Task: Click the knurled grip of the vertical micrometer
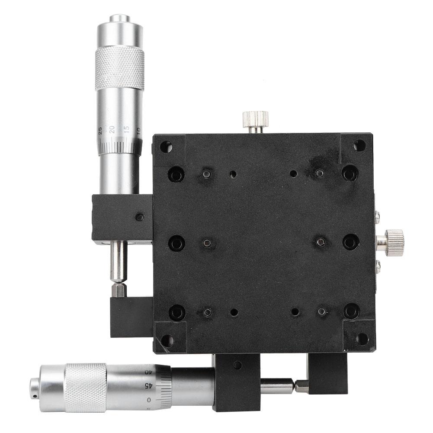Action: click(120, 68)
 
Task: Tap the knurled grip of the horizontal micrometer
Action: click(85, 387)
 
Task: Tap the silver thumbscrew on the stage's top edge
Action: click(255, 119)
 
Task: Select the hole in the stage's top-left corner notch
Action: click(166, 147)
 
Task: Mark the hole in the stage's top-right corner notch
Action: click(359, 145)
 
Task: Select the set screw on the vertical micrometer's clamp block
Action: click(139, 217)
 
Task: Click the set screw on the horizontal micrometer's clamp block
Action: click(237, 365)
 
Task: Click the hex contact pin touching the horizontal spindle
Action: click(301, 386)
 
